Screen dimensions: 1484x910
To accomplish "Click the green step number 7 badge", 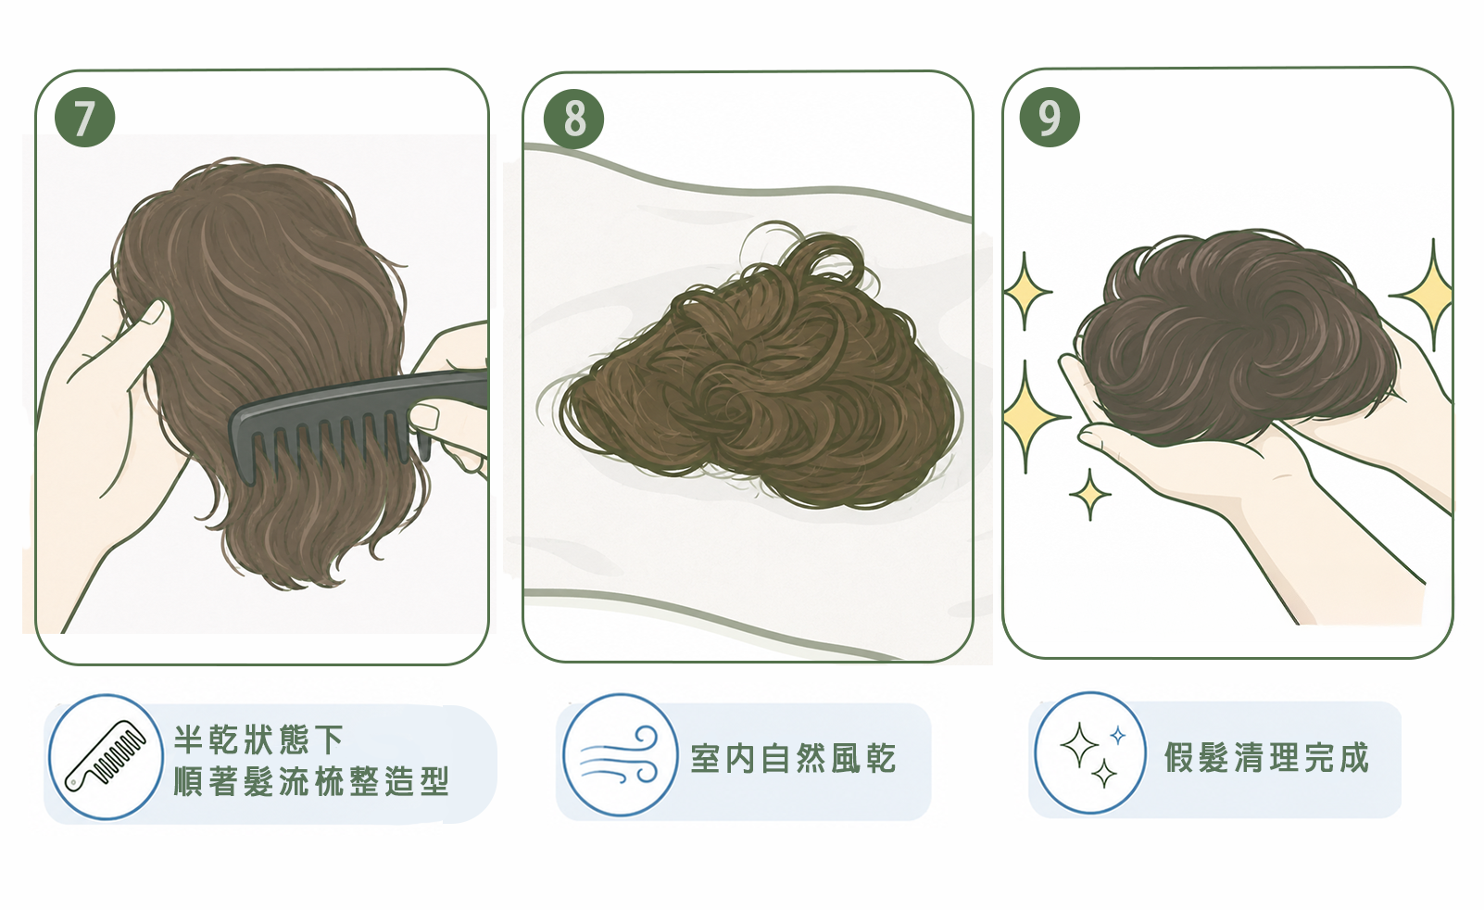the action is [85, 117].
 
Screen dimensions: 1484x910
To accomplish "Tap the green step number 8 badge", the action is [573, 120].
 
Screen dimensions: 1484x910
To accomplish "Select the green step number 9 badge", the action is [1050, 118].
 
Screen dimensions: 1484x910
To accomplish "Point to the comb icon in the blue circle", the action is [106, 755].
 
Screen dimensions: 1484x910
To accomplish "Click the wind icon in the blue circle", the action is [620, 755].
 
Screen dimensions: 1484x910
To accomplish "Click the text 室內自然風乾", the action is [793, 758].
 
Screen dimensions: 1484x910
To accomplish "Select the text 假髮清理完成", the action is [1266, 757].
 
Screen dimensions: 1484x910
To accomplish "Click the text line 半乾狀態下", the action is [259, 739].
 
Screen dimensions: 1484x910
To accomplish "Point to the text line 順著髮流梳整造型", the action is [311, 781].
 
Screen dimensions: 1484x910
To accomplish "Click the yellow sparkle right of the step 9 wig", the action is [1431, 295].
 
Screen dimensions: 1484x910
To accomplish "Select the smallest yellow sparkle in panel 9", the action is [1089, 495].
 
